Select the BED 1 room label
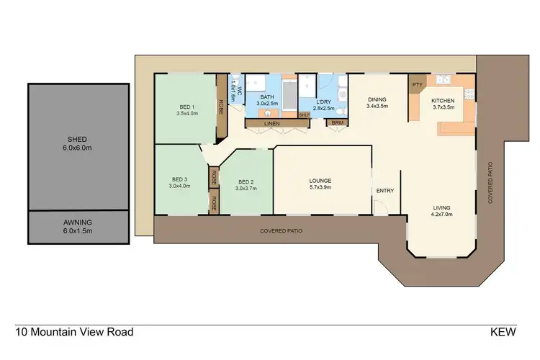click(186, 109)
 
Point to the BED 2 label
click(246, 185)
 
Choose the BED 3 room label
click(180, 183)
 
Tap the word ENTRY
click(385, 191)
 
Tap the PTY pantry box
click(417, 84)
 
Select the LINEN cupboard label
click(271, 124)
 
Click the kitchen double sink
click(444, 79)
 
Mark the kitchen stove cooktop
click(469, 94)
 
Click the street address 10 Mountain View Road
click(74, 333)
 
